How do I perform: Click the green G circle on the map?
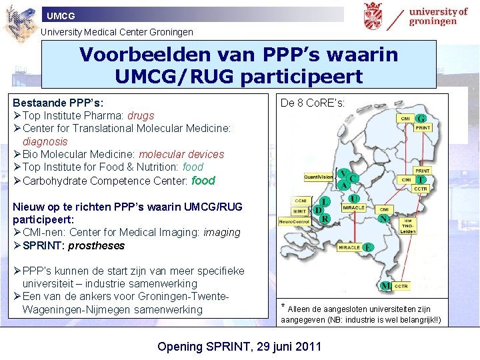(421, 119)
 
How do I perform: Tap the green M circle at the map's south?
(385, 286)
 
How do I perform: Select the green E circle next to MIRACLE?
(367, 247)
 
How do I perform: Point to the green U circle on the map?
(354, 198)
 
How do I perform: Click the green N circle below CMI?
(383, 218)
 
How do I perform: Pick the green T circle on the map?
(421, 180)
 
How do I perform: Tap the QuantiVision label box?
(319, 177)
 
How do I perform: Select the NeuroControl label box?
(294, 221)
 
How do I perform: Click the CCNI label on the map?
(300, 199)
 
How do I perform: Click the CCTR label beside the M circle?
(401, 286)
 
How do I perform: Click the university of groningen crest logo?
(373, 16)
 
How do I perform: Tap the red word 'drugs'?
(141, 116)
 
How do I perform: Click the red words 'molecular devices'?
(181, 154)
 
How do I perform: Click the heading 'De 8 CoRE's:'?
(313, 103)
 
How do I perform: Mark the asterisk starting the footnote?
(283, 307)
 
